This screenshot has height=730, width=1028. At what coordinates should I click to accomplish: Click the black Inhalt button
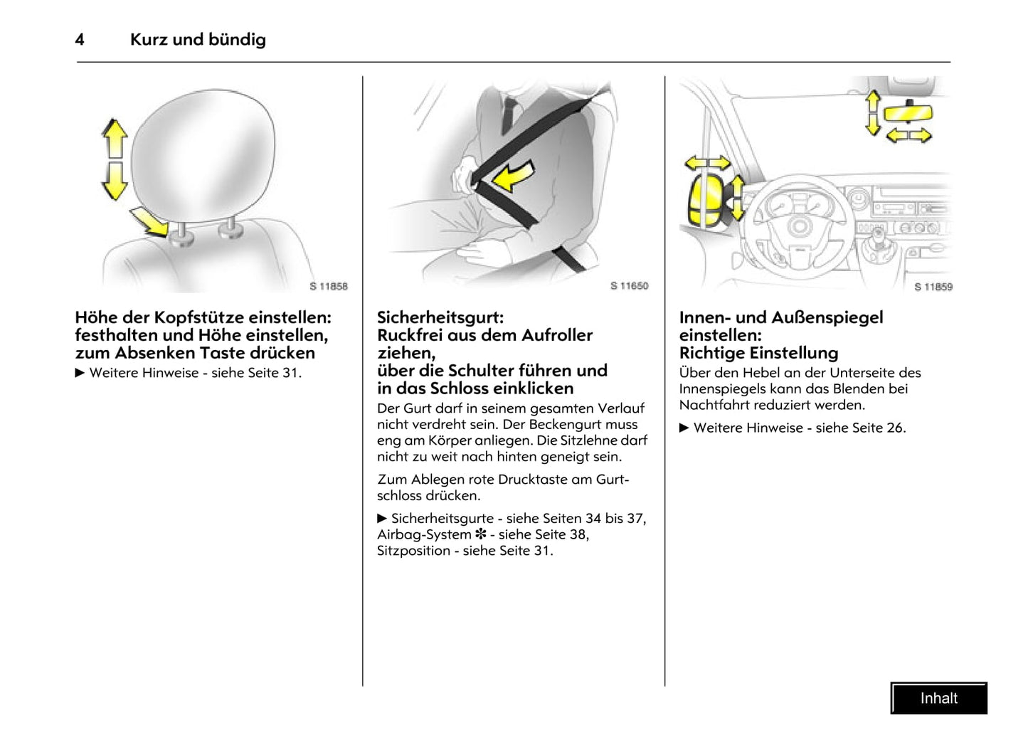938,698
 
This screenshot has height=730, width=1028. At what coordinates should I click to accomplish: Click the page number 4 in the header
80,40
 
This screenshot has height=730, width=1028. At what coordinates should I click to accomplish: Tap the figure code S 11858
329,286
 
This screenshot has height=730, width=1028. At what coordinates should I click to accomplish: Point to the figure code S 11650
629,285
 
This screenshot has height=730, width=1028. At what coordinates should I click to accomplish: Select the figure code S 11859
933,287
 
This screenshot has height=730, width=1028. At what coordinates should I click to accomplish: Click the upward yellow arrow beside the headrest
115,138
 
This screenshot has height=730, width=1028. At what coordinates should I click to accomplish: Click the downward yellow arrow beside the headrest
114,180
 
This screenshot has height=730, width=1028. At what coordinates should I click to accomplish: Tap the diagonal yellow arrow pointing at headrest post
152,221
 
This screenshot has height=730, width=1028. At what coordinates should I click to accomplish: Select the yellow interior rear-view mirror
907,112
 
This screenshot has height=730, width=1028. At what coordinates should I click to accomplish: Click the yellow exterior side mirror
705,201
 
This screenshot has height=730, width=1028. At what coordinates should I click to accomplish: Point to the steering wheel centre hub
800,227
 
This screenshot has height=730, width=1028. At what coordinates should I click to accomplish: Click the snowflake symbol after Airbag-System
481,534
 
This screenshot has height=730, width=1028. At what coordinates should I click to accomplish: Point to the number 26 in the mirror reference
894,428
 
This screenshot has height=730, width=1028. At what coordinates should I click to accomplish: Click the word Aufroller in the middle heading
557,335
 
